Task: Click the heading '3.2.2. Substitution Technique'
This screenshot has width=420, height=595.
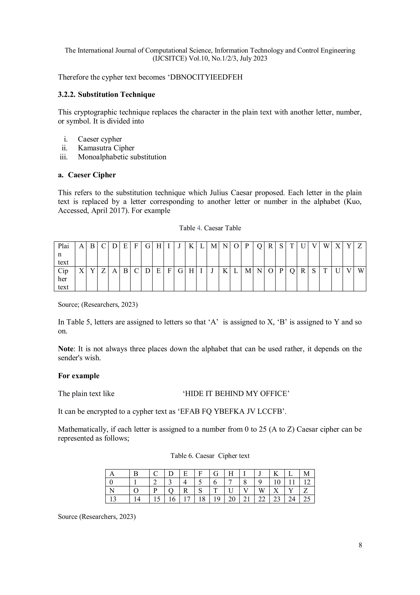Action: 106,95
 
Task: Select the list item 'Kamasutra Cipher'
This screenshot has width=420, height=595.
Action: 106,148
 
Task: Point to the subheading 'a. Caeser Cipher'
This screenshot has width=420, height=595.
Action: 87,175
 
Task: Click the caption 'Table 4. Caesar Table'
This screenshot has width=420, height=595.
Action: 210,228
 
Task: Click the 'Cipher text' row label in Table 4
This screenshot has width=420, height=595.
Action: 63,279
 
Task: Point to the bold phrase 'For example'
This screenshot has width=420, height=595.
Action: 79,376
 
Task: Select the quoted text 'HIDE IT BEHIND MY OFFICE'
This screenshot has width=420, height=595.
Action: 236,394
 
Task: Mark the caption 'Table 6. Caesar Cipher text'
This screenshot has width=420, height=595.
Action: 210,456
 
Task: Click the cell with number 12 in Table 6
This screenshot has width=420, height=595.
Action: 307,482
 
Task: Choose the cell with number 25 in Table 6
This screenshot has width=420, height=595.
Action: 307,499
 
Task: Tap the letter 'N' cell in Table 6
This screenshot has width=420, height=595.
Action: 112,491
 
